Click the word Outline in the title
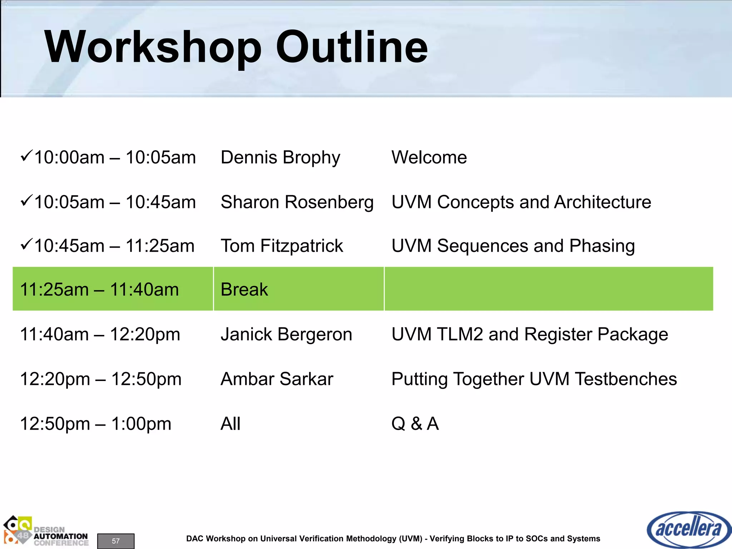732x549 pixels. pos(352,47)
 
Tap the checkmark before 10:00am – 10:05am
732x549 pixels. pos(26,156)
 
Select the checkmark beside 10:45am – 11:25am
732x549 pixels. pos(26,244)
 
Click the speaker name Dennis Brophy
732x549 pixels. pos(280,158)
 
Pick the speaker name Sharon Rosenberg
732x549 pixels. pos(297,202)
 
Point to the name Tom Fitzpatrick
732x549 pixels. pos(282,246)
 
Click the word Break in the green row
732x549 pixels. pos(244,290)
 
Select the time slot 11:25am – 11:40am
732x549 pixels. pos(99,290)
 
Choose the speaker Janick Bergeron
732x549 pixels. pos(286,335)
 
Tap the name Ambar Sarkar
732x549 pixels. pos(277,379)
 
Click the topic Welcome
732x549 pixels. pos(429,158)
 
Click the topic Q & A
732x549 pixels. pos(415,424)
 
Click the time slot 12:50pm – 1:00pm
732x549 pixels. pos(95,424)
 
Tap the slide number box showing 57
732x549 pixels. pos(116,541)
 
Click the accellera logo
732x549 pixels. pos(688,529)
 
